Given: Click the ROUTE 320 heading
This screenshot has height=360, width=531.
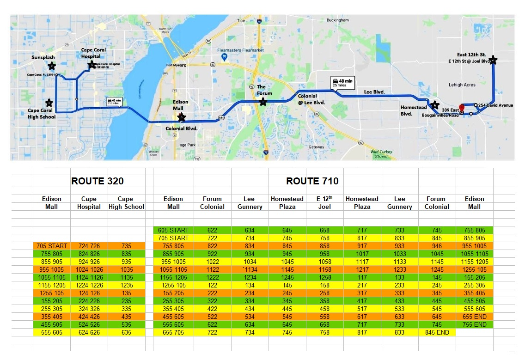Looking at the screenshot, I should [x=98, y=181].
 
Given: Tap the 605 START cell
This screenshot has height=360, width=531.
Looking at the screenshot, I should [x=173, y=230].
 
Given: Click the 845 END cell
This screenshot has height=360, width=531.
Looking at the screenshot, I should [x=437, y=332].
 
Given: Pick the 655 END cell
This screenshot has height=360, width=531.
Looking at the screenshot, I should [x=474, y=317].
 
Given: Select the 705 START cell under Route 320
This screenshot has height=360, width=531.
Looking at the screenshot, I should [x=52, y=246].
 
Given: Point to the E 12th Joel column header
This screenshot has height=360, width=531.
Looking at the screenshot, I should [x=324, y=202].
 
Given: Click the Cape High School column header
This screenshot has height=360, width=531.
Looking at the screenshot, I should [x=126, y=202].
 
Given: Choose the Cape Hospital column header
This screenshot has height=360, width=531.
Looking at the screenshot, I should [x=89, y=202].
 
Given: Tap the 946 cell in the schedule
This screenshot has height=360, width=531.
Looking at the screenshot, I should [x=437, y=246].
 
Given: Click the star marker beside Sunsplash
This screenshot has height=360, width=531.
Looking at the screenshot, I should [x=52, y=66].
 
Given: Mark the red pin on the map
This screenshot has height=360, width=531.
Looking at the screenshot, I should [x=461, y=108].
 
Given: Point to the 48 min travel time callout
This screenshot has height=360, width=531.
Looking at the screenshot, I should [x=342, y=82].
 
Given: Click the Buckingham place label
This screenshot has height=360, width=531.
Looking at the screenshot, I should [x=337, y=20].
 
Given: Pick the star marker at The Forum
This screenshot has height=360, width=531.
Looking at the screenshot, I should [x=263, y=102].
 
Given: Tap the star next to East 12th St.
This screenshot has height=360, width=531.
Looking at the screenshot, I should [x=493, y=60].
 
